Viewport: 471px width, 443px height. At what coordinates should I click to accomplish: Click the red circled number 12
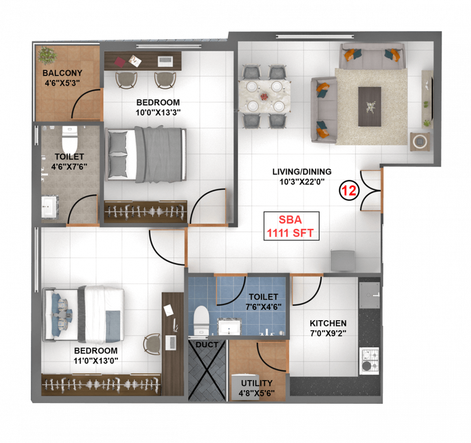[348, 190]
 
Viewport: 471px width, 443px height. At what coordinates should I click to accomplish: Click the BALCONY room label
[62, 73]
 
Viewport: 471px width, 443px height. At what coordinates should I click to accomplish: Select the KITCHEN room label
[328, 323]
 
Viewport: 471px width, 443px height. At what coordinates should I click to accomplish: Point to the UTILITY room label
[257, 383]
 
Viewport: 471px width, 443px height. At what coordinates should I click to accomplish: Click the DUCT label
[207, 345]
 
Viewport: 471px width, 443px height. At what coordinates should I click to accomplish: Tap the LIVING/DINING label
[302, 171]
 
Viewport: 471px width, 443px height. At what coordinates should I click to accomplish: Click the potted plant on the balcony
[47, 55]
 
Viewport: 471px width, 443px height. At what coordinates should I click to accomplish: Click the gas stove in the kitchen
[369, 359]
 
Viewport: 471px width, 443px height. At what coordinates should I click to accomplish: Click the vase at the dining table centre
[264, 97]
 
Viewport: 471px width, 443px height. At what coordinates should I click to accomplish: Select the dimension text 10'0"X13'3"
[158, 112]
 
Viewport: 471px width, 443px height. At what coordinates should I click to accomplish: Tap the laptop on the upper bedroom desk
[165, 59]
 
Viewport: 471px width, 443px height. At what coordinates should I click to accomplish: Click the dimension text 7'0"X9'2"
[328, 333]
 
